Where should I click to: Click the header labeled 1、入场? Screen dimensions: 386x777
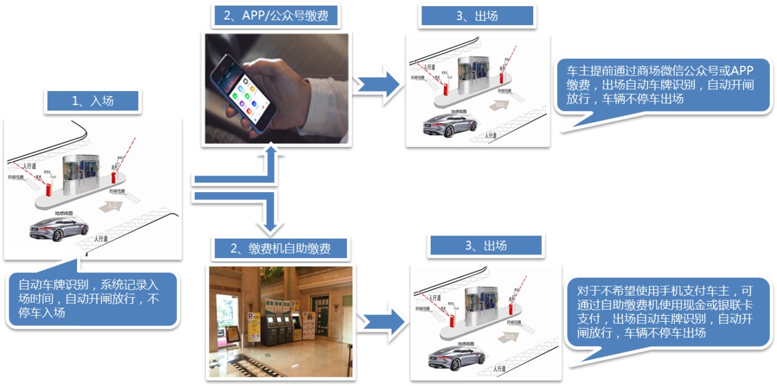coord(92,101)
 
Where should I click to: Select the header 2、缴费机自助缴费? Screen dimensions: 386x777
coord(280,248)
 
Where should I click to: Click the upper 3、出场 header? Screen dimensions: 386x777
coord(477,16)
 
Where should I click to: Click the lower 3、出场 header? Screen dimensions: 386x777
coord(486,245)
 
